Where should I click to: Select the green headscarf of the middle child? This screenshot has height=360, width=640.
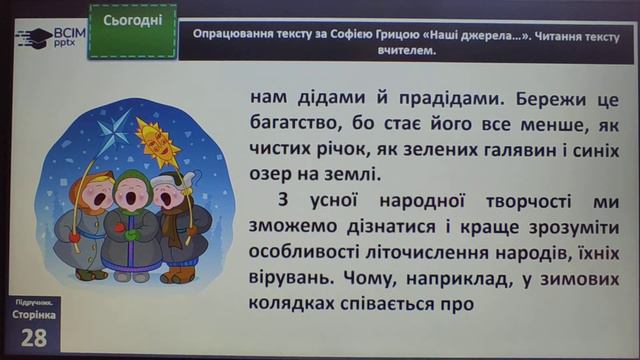[x=136, y=180]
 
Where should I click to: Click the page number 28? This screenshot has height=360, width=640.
[x=34, y=337]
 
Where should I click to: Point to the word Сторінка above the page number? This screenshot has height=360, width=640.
[x=32, y=313]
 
